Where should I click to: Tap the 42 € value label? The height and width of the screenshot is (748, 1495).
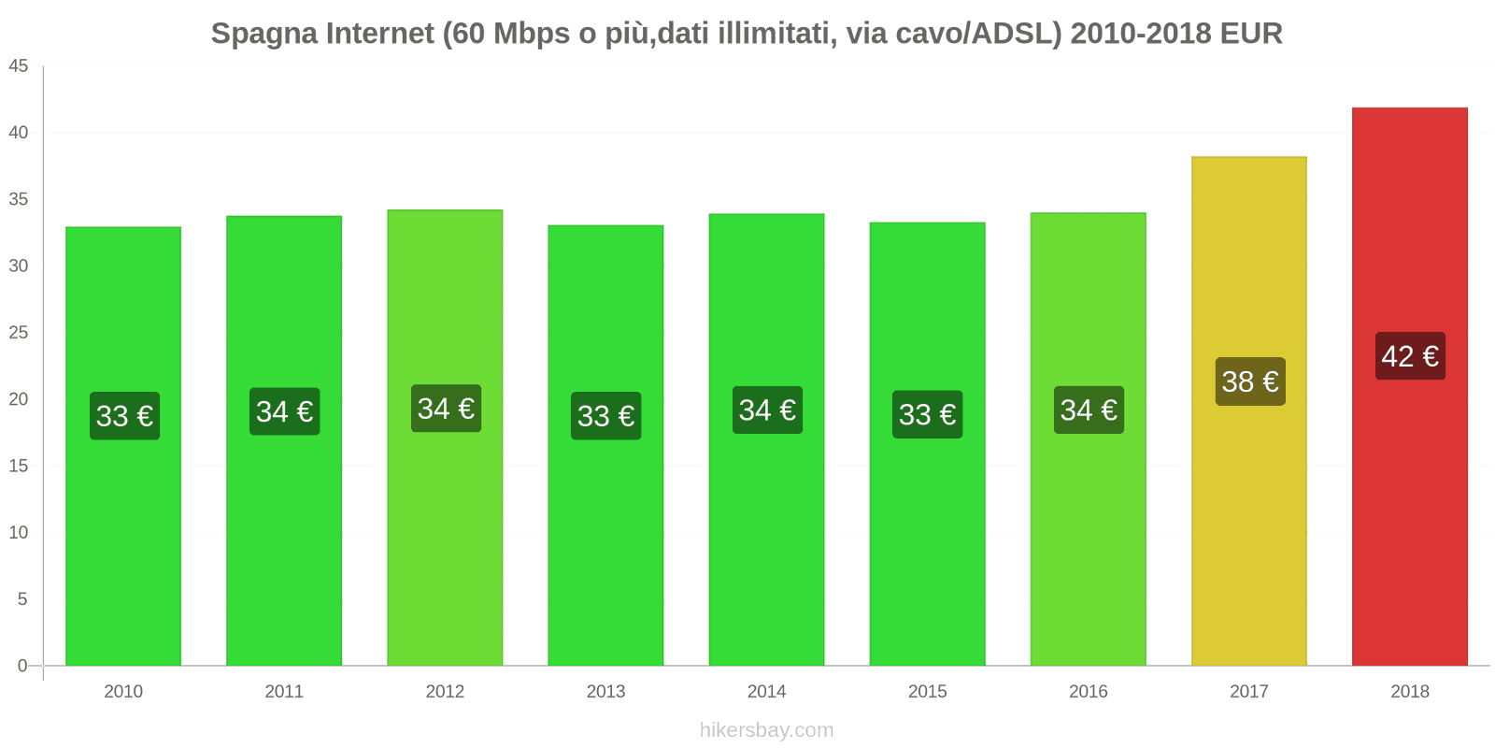pyautogui.click(x=1410, y=356)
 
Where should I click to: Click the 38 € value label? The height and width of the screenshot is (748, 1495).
pyautogui.click(x=1249, y=381)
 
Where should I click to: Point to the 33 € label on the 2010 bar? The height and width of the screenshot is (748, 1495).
pyautogui.click(x=124, y=416)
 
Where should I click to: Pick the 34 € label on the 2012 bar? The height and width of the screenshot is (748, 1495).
pyautogui.click(x=446, y=409)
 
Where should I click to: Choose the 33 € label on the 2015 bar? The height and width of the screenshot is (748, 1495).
pyautogui.click(x=927, y=414)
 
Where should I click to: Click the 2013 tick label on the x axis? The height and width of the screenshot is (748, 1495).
pyautogui.click(x=605, y=691)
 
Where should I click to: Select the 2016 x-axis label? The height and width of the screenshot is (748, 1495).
pyautogui.click(x=1088, y=691)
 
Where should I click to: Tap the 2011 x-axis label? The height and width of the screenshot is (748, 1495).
pyautogui.click(x=284, y=691)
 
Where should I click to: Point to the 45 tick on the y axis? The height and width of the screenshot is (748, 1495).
pyautogui.click(x=19, y=66)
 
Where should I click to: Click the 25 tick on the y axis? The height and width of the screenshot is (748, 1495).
pyautogui.click(x=19, y=333)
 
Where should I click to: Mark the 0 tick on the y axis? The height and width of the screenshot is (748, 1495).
pyautogui.click(x=22, y=666)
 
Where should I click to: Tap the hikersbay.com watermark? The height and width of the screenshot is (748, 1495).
pyautogui.click(x=766, y=730)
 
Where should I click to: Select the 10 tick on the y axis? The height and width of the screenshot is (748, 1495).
pyautogui.click(x=19, y=532)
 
